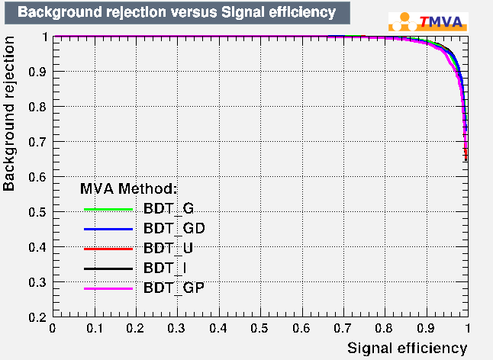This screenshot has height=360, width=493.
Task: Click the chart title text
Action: click(x=176, y=12)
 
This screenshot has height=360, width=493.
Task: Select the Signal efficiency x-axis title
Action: click(x=407, y=348)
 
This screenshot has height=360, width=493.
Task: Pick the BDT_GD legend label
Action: click(x=173, y=228)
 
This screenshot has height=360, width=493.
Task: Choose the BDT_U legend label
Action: click(x=168, y=248)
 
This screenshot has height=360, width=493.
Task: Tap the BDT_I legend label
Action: click(x=166, y=268)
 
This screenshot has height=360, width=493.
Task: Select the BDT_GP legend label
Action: click(x=173, y=288)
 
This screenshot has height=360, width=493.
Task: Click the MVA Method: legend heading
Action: click(x=128, y=188)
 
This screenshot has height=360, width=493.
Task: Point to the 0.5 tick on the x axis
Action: click(x=259, y=328)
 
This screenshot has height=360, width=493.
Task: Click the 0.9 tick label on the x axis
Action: click(x=426, y=328)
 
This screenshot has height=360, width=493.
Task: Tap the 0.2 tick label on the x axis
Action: click(x=135, y=328)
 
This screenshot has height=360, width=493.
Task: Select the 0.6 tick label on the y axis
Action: click(x=37, y=177)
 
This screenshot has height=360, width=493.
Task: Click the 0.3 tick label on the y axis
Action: click(x=37, y=282)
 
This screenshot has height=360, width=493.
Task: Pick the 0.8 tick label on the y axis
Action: click(x=37, y=107)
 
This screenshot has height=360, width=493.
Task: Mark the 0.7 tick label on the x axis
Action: click(x=343, y=328)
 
